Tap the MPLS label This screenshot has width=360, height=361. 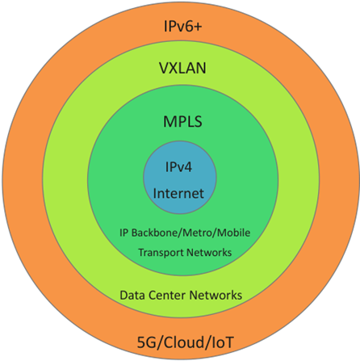pyautogui.click(x=181, y=124)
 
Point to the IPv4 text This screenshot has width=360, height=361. pyautogui.click(x=180, y=169)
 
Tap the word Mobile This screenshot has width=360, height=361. pyautogui.click(x=230, y=233)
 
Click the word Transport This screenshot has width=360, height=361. pyautogui.click(x=159, y=253)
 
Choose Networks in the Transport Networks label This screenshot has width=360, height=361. pyautogui.click(x=208, y=253)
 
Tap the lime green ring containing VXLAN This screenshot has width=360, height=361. pyautogui.click(x=65, y=181)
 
